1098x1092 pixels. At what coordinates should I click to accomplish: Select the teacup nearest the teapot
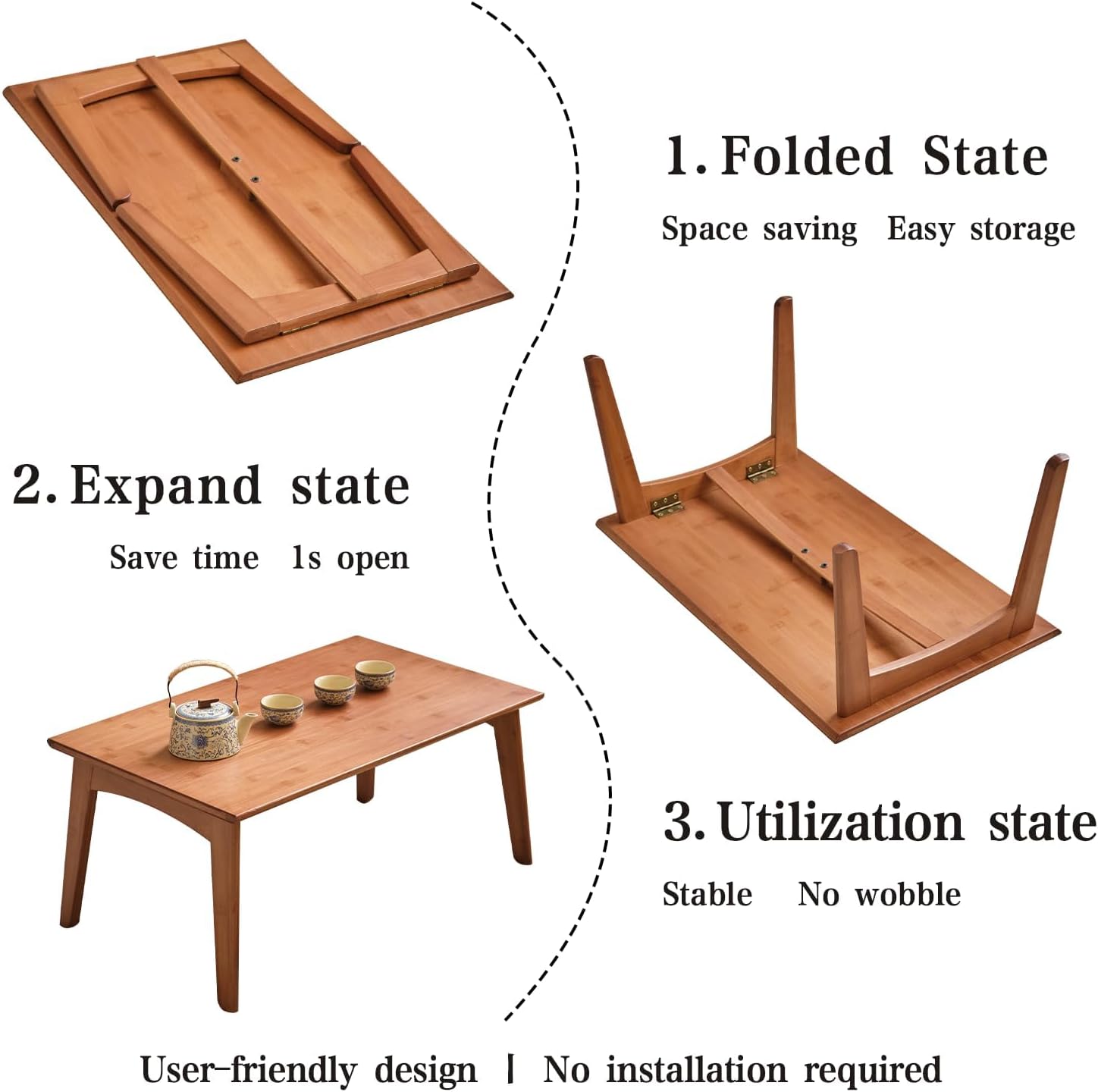[x=282, y=709]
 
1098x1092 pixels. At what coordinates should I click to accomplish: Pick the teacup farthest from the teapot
[x=375, y=674]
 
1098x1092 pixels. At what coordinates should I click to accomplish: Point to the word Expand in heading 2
[x=165, y=486]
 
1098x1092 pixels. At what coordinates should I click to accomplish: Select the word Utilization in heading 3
[x=841, y=822]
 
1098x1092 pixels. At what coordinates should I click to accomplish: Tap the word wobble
[x=908, y=895]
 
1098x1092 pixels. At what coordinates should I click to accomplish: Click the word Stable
[x=707, y=895]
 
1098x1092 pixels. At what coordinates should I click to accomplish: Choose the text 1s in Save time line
[x=306, y=558]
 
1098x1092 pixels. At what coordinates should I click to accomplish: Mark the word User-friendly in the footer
[x=249, y=1070]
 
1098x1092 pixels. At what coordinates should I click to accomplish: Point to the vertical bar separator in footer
[x=510, y=1069]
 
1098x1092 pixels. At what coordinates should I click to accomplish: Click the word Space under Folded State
[x=704, y=229]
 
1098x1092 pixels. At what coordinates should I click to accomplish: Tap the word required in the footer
[x=872, y=1070]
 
